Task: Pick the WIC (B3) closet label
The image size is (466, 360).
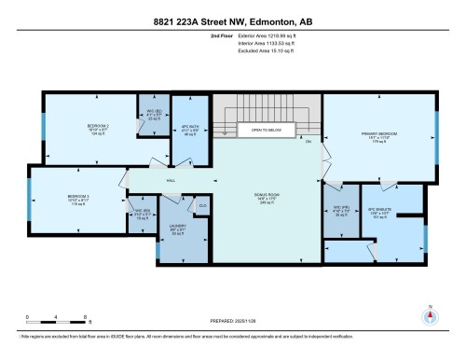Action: [142, 213]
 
